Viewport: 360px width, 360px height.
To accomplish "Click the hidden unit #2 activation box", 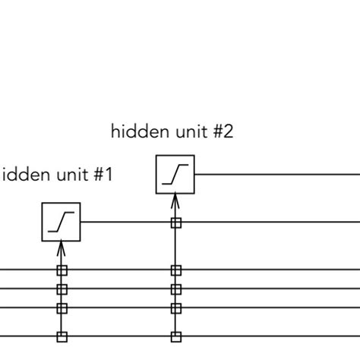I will pos(175,175).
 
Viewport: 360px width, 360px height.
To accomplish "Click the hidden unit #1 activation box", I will pos(62,222).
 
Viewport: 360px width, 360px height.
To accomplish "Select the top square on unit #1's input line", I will pos(62,270).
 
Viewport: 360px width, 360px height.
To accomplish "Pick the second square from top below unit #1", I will pos(62,289).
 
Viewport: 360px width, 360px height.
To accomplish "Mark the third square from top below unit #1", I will pos(62,308).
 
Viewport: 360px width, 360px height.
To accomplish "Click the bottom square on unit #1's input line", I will pos(62,336).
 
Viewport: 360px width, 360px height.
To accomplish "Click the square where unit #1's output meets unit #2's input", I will pos(175,223).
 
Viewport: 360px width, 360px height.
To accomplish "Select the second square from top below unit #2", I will pos(175,270).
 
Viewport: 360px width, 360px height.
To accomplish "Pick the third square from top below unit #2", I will pos(175,289).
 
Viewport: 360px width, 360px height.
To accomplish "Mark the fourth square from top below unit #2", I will pos(175,308).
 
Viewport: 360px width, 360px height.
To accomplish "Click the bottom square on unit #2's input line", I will pos(175,336).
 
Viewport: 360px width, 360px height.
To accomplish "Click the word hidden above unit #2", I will pos(136,132).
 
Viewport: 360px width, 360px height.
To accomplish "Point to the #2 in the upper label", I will pos(223,132).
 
